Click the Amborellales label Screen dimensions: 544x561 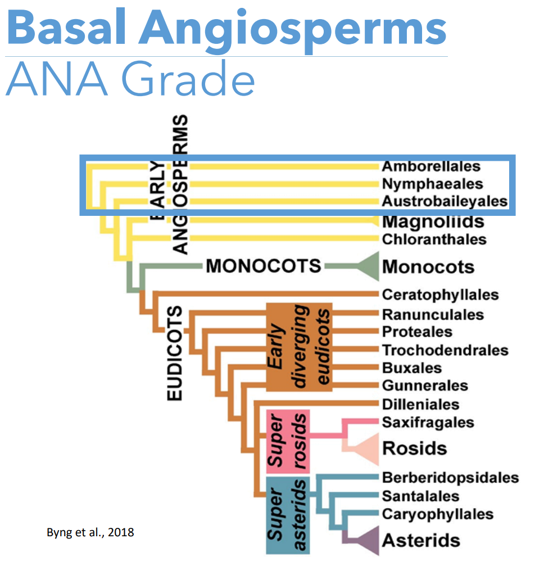(x=431, y=166)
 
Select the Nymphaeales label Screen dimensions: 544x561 (x=432, y=184)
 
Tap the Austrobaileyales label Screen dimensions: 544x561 (x=445, y=201)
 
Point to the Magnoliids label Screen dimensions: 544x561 (x=433, y=221)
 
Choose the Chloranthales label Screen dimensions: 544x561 (x=434, y=239)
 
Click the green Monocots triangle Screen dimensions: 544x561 (x=368, y=266)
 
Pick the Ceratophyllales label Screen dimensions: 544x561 (x=440, y=295)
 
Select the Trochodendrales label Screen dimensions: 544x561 (x=445, y=350)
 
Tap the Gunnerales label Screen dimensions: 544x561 (x=425, y=386)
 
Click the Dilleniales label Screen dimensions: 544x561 (x=420, y=405)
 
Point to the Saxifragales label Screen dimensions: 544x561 (x=428, y=423)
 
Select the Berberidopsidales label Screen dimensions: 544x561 (x=450, y=478)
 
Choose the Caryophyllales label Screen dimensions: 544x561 (x=438, y=514)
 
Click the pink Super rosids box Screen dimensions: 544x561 (x=288, y=441)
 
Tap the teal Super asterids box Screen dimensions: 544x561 (x=288, y=515)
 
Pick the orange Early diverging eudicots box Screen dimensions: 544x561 (x=300, y=347)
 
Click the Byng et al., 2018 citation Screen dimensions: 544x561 (x=90, y=532)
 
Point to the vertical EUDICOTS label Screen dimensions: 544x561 (x=175, y=353)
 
